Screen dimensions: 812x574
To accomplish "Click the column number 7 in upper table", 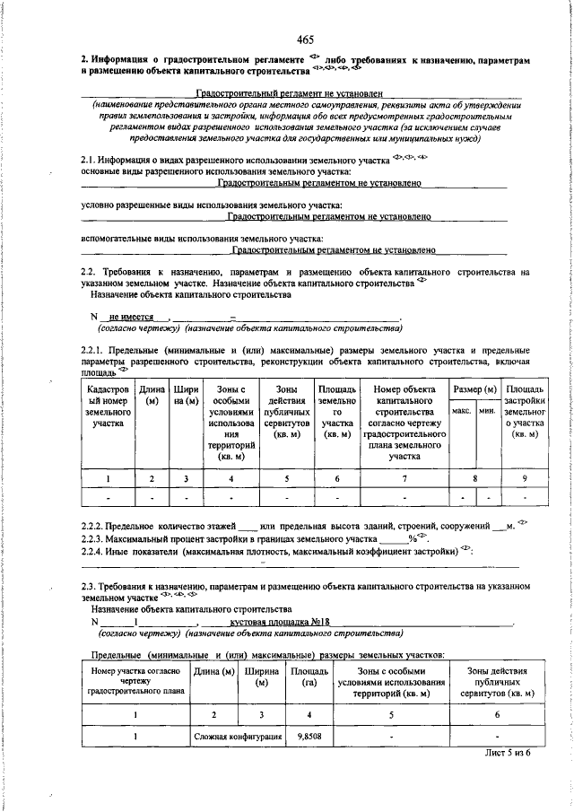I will click(x=404, y=478).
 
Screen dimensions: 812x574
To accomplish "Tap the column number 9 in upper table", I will click(x=523, y=478).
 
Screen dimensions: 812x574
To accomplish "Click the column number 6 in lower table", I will click(x=497, y=714).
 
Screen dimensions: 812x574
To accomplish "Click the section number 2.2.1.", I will click(x=97, y=349).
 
